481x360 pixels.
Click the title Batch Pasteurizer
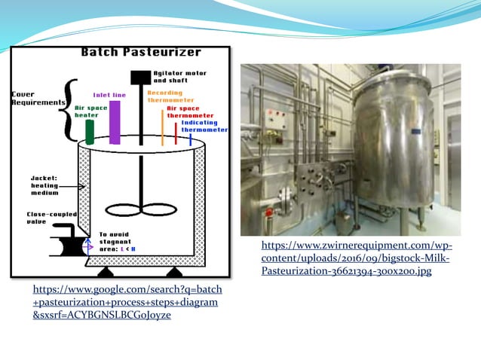point(141,52)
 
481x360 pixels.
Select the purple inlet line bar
point(115,122)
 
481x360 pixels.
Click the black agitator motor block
point(140,77)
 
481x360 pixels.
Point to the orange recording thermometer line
point(162,127)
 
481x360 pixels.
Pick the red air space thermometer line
point(176,133)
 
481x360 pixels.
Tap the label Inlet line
point(109,95)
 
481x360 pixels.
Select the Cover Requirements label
point(28,99)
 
